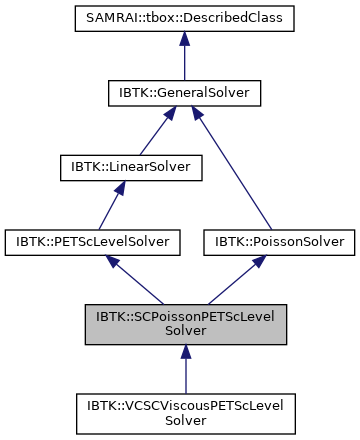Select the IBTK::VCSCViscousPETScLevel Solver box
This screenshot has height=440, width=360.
coord(184,412)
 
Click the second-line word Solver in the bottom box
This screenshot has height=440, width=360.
coord(184,419)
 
